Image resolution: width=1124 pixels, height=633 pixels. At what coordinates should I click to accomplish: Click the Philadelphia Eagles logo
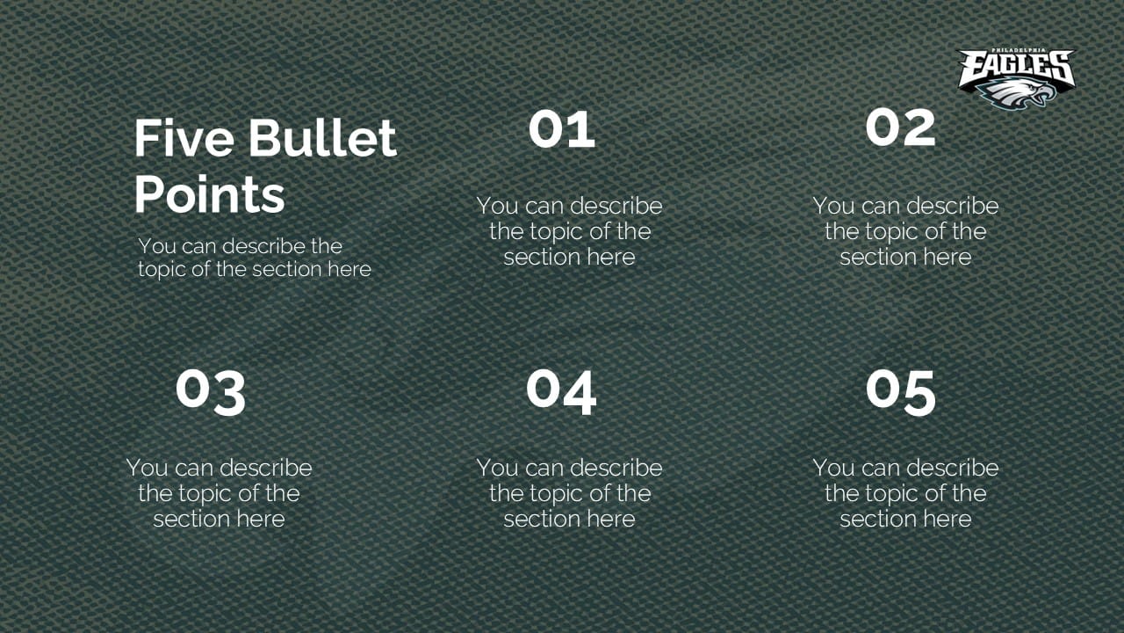point(1017,78)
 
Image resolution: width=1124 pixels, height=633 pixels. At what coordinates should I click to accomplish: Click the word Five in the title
point(184,138)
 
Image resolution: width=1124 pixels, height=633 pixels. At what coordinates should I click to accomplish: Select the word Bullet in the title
point(322,138)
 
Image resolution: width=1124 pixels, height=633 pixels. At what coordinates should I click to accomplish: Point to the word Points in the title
point(210,195)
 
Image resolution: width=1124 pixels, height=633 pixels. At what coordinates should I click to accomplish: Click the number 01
point(562,129)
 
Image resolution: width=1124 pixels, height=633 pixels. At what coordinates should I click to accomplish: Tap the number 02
point(901,127)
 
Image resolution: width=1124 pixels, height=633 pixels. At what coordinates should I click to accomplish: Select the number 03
point(211,392)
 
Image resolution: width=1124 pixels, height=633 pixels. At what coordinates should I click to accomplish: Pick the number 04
point(561,392)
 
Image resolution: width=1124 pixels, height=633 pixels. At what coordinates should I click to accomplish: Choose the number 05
point(901,392)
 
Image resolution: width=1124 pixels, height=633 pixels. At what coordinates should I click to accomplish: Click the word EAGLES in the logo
point(1017,69)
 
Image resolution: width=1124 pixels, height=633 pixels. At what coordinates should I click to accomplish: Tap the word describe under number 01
point(616,206)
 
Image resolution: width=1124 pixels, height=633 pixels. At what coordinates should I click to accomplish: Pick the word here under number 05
point(947,519)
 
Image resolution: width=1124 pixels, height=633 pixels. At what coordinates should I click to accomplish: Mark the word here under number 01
point(611,257)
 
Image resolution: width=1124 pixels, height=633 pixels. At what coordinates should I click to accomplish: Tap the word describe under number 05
point(953,468)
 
